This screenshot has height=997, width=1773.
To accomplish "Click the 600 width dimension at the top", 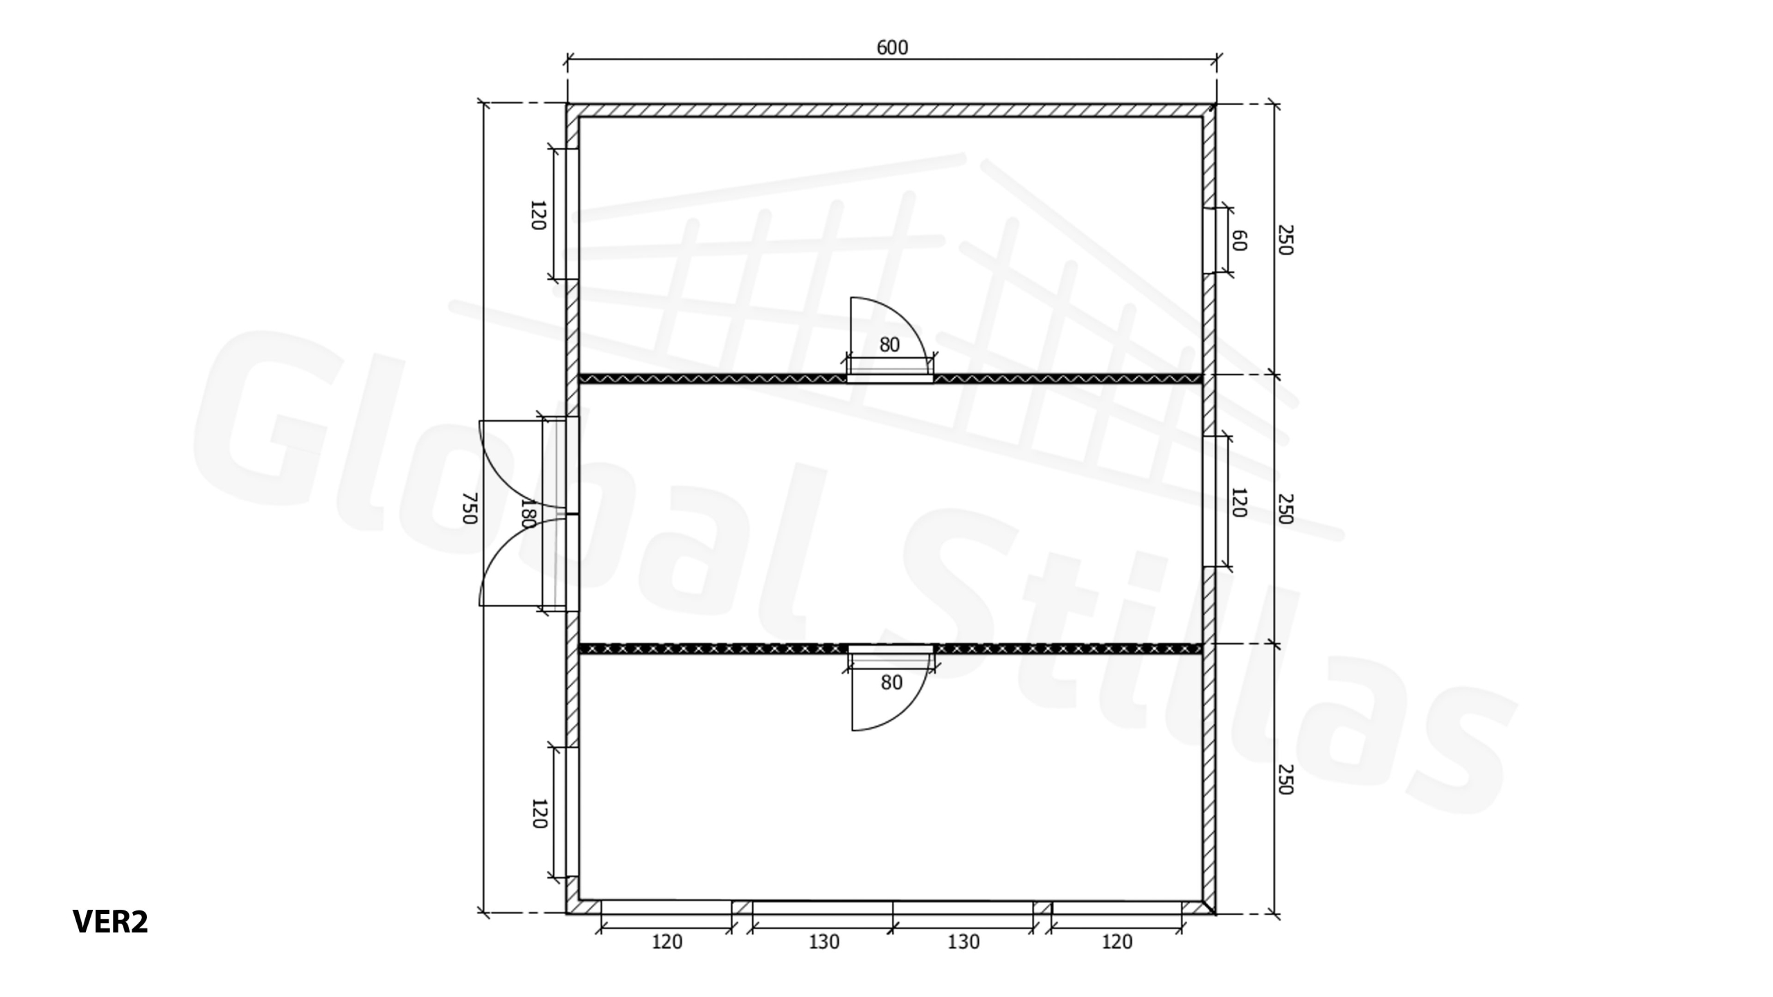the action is (x=892, y=48).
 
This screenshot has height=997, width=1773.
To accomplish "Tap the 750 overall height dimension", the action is (x=470, y=508).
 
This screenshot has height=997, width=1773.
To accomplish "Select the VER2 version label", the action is (x=110, y=922).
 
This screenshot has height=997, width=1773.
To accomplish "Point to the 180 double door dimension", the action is (x=528, y=513).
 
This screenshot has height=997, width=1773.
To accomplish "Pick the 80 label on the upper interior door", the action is (x=889, y=344).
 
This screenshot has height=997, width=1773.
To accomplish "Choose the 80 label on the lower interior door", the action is (x=891, y=683).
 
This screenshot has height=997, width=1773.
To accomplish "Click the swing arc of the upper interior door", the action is (x=907, y=324).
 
